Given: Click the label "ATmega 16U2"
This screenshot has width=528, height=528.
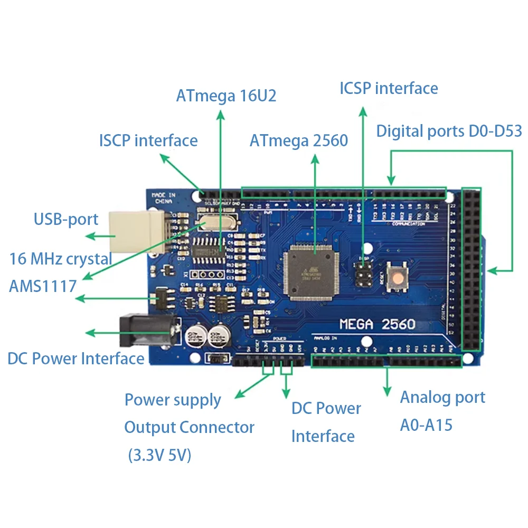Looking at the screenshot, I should click(x=226, y=96).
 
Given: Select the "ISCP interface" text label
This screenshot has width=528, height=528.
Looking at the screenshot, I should click(x=148, y=141).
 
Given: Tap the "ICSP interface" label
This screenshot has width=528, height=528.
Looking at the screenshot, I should click(x=389, y=88).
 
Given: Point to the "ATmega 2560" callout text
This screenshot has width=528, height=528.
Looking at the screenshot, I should click(x=299, y=141).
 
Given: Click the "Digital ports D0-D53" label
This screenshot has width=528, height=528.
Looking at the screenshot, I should click(x=449, y=131).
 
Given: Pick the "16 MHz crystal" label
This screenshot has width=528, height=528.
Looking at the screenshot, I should click(x=61, y=259).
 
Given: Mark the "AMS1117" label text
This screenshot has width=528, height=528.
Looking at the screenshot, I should click(x=43, y=286).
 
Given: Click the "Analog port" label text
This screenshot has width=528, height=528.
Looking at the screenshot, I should click(x=442, y=397).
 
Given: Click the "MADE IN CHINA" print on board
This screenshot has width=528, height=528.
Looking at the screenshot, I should click(x=164, y=199).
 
